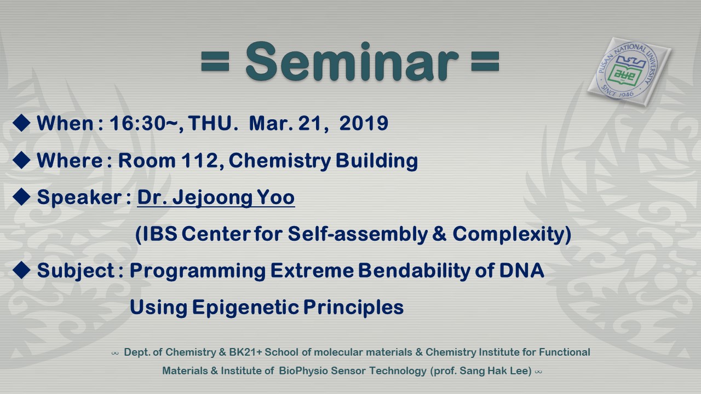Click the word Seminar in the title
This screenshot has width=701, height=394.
(352, 62)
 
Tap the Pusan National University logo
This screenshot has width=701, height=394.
(629, 72)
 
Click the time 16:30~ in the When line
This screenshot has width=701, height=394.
(146, 123)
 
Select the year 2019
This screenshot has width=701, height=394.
(364, 123)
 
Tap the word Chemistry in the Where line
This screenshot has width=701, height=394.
(280, 161)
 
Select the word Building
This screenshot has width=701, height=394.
(377, 161)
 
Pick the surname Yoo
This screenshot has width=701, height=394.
(275, 198)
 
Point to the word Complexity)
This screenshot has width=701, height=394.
(512, 234)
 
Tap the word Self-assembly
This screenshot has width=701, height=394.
(358, 234)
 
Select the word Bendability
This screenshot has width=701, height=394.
(414, 271)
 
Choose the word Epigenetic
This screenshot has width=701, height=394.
(245, 308)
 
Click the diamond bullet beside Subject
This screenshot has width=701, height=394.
(21, 270)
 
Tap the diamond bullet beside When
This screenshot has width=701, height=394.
(21, 123)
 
